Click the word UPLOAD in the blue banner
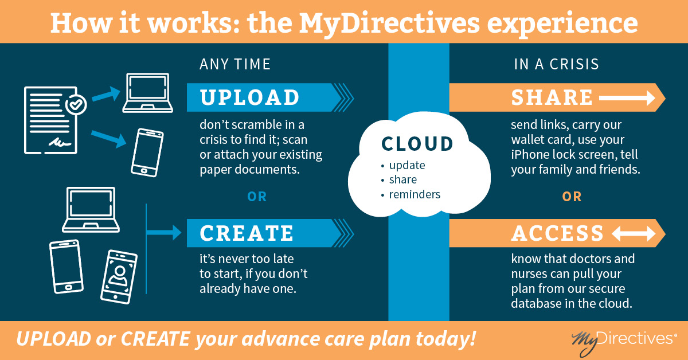249,97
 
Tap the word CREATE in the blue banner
247,233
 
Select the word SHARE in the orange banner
552,97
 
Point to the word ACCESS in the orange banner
557,233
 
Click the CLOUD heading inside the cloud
417,144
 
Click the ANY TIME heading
235,64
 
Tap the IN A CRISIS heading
557,64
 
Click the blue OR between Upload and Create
257,197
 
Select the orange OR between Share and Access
572,197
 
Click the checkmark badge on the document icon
76,105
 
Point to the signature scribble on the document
60,143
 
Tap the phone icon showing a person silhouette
119,277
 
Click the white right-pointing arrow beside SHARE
627,98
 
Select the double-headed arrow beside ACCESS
634,234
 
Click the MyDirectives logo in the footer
624,341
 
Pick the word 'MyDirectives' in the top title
389,24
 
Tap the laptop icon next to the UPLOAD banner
148,93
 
